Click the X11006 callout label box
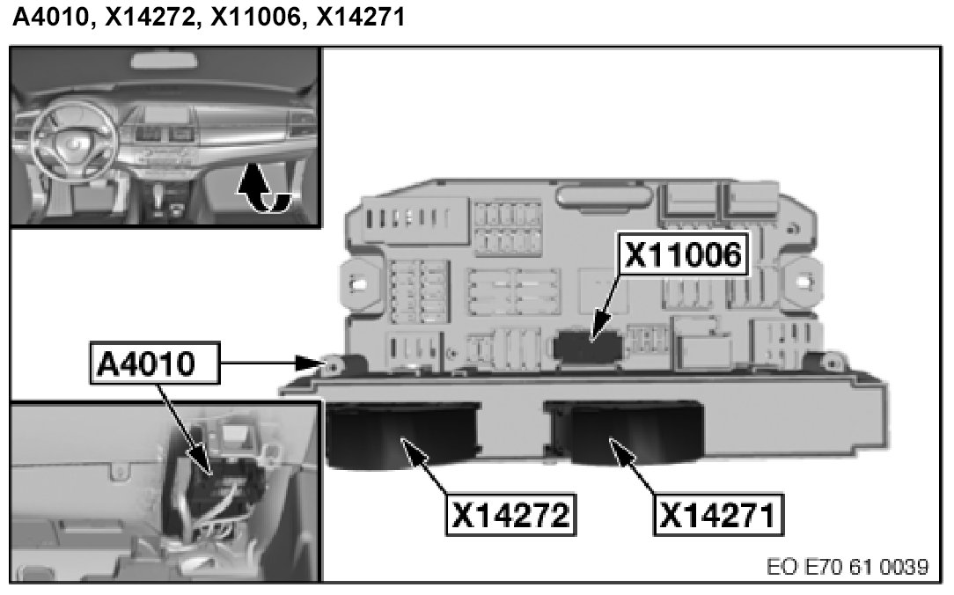683,253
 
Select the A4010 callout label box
155,364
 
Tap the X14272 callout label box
510,515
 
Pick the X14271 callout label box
718,515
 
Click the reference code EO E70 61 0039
848,567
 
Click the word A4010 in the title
51,16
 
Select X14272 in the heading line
150,16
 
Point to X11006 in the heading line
255,16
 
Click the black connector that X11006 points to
587,345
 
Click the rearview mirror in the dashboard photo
165,60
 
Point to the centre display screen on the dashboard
167,115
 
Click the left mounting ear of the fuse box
358,283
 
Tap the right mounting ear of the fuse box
804,281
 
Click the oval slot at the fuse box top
603,195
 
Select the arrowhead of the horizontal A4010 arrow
311,364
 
